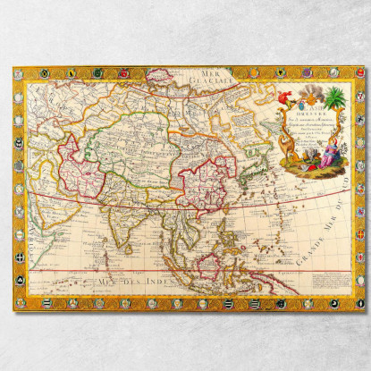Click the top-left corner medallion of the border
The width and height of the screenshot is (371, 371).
(20, 72)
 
